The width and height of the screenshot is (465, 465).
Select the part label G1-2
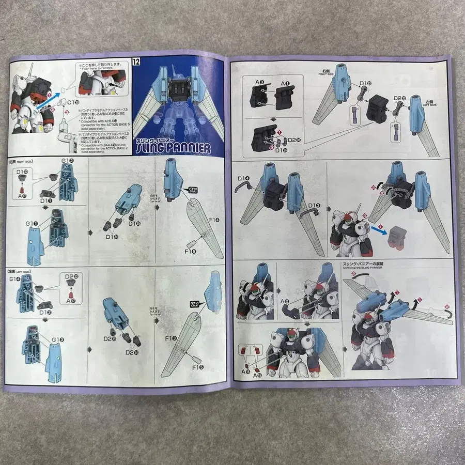68,161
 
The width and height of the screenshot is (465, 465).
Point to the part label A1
284,82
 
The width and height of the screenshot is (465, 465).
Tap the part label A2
284,301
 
